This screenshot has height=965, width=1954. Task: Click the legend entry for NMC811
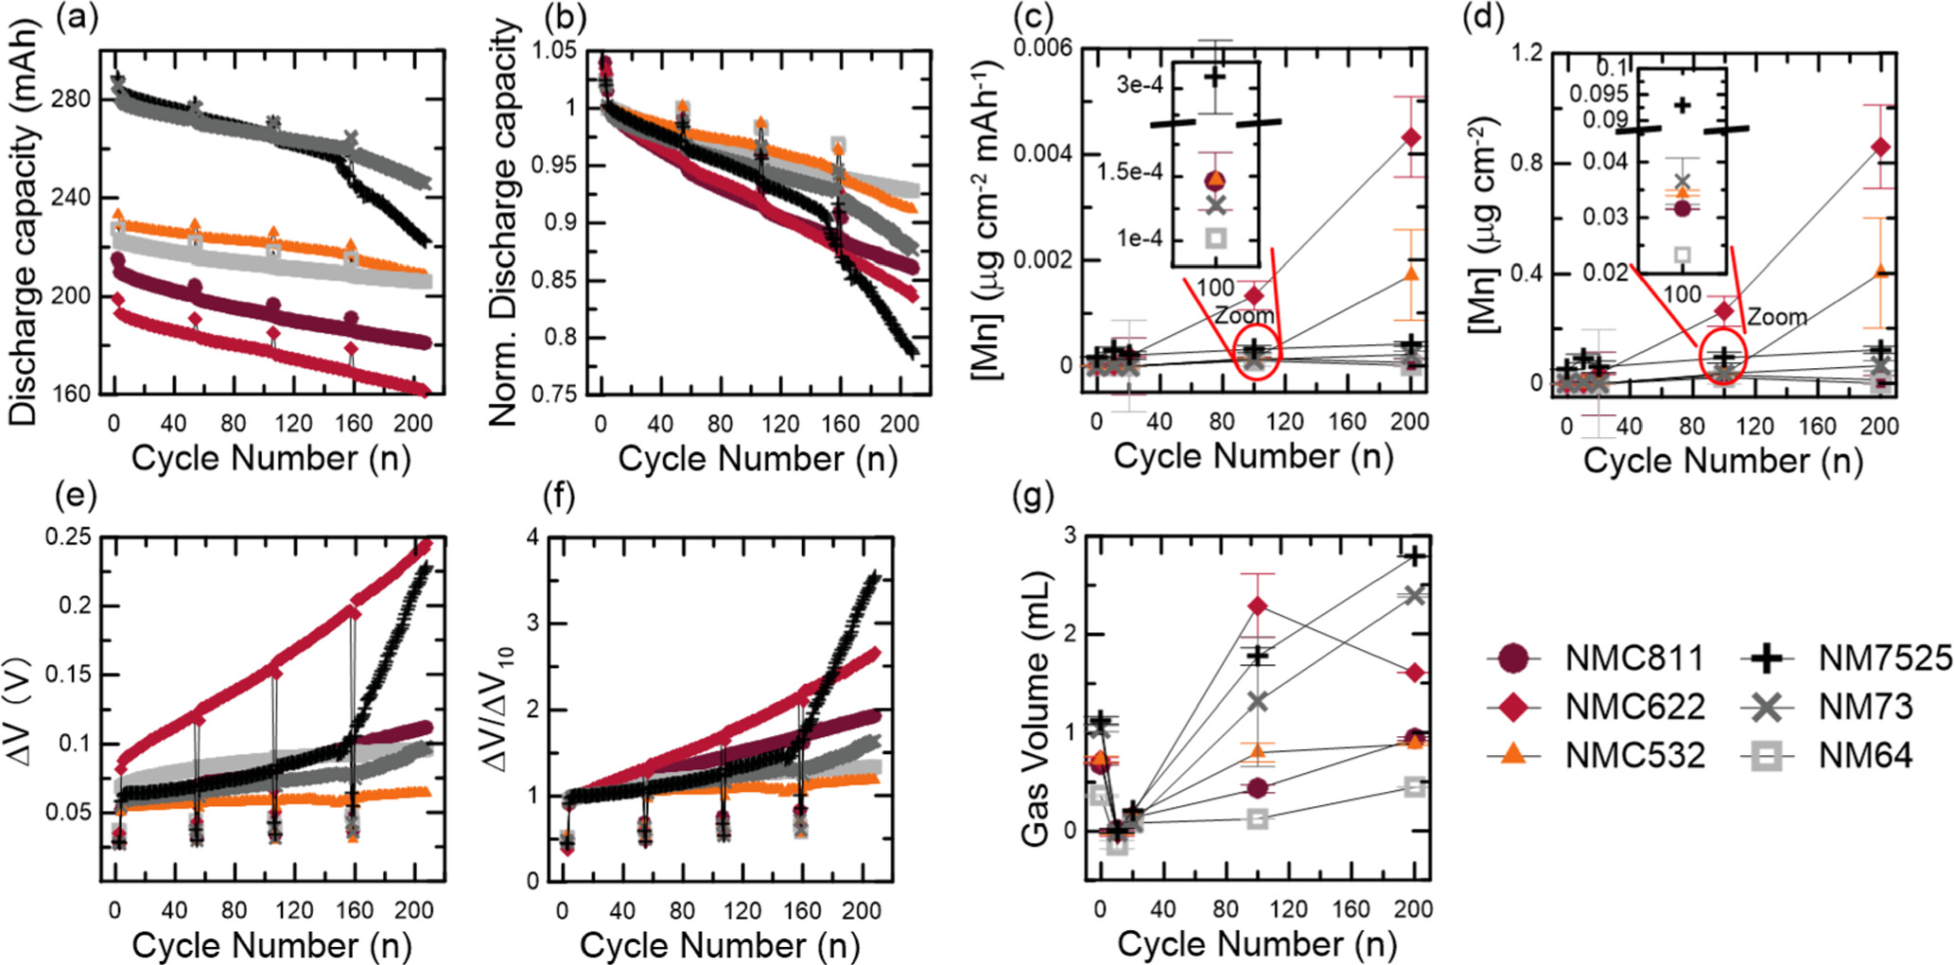click(1633, 658)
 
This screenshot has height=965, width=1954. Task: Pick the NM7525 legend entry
click(1885, 658)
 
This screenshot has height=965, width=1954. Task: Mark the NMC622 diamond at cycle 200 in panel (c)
click(1410, 137)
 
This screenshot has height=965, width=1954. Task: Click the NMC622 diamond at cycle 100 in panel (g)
click(1257, 605)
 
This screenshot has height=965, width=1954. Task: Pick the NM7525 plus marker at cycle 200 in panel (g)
click(1414, 555)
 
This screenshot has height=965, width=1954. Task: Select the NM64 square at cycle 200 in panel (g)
click(1414, 786)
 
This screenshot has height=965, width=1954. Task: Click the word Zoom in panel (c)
click(1245, 316)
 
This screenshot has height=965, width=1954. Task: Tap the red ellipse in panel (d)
click(1722, 357)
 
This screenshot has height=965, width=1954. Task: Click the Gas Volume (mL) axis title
click(1038, 708)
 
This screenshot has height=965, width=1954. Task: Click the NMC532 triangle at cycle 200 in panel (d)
click(1879, 272)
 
